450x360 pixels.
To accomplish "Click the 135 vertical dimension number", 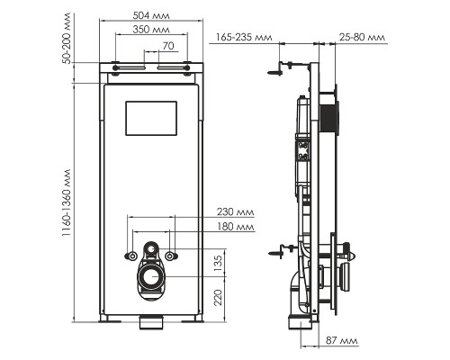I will (219, 264).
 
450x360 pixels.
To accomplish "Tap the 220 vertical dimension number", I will (219, 299).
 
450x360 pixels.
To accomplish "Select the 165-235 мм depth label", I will (246, 37).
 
